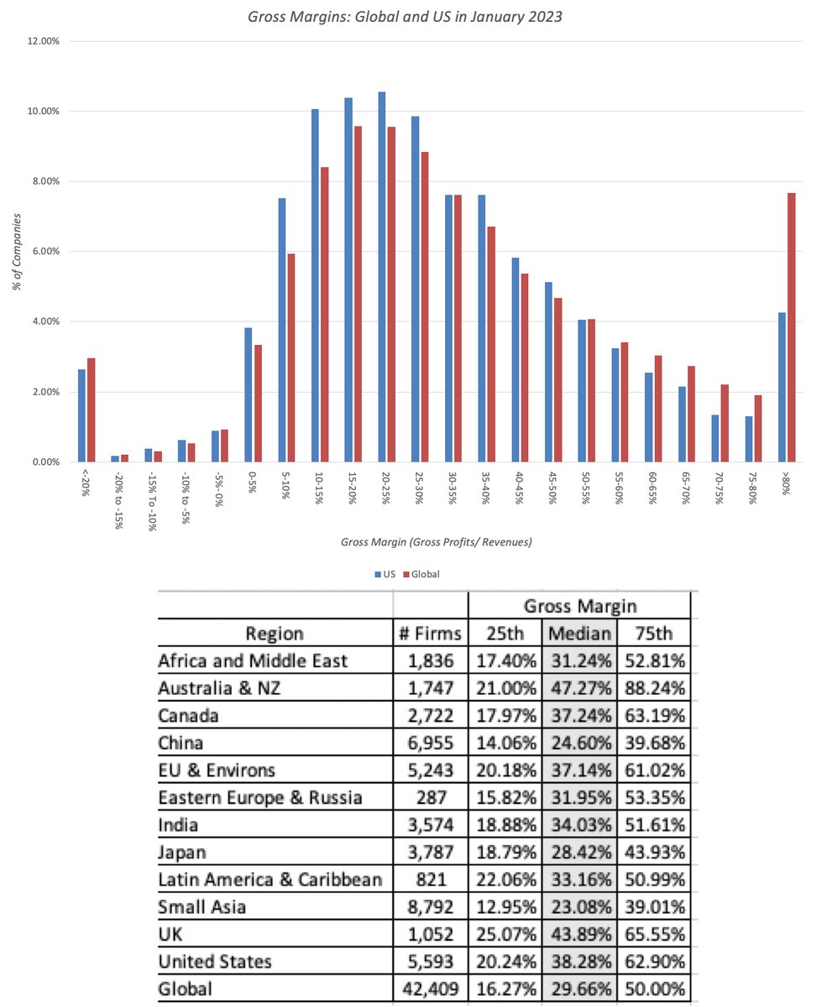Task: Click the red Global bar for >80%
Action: click(791, 327)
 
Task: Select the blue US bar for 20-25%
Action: click(382, 277)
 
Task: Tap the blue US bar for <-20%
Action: click(81, 415)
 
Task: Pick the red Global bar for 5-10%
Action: click(291, 357)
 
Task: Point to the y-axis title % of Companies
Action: click(17, 251)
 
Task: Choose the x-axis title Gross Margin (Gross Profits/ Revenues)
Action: click(436, 542)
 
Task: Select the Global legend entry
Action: click(421, 575)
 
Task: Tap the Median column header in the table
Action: click(579, 633)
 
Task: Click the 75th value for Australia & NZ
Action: click(652, 688)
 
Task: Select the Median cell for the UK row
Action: click(579, 934)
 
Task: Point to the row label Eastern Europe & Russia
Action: click(260, 797)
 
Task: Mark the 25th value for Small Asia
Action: click(505, 907)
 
